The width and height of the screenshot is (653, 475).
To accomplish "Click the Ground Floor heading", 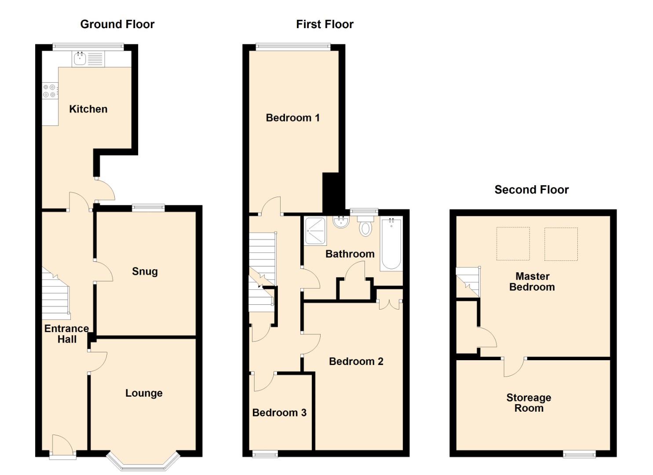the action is [117, 24].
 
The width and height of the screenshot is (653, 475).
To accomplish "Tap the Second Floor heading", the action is [532, 190].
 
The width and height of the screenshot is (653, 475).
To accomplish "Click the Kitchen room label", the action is [88, 109].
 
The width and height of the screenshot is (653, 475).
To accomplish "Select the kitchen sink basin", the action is [80, 59].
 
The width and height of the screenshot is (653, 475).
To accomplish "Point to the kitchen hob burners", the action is [49, 91].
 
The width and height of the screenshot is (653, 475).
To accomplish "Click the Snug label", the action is [145, 271].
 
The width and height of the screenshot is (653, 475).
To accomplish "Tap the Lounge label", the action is [144, 393].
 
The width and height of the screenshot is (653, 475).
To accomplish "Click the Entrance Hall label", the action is [67, 334].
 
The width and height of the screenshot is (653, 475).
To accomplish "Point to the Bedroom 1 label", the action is [293, 118].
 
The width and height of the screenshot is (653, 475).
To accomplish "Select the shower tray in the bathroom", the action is [315, 231].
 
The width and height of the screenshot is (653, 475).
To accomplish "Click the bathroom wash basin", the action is [341, 222].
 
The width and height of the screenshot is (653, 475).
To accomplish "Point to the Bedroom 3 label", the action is [279, 413].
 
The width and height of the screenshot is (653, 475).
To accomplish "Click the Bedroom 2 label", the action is [356, 362].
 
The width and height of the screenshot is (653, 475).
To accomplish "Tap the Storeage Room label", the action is [529, 403].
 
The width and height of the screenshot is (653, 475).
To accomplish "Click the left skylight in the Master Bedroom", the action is [513, 244].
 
